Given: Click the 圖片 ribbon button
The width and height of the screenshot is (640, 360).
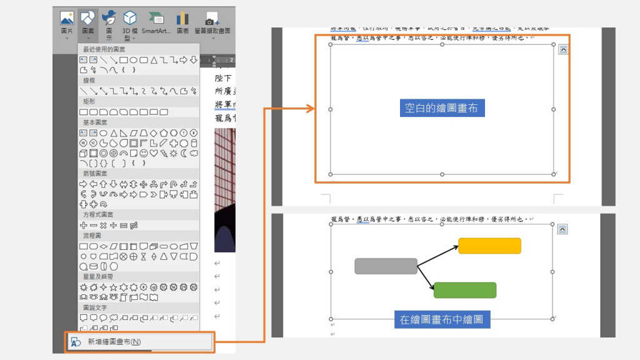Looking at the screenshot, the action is point(67,23).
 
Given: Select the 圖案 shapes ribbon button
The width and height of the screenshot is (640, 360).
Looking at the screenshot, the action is point(88,23).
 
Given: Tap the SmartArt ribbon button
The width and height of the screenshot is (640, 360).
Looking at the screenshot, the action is point(156,23).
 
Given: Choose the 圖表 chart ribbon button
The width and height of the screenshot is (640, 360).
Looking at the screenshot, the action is point(182,23).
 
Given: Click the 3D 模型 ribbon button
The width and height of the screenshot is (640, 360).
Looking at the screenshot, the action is point(129,24).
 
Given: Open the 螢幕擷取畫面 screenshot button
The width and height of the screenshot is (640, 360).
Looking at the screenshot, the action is point(213,23).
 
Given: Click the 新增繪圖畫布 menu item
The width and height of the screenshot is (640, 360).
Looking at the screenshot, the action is point(113,342).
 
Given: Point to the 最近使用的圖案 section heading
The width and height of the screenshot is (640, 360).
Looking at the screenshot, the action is point(104,49).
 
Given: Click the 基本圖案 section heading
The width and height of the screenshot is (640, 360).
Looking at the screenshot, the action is point(95,122).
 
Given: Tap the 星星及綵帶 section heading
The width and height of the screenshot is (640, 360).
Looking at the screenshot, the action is point(98,276).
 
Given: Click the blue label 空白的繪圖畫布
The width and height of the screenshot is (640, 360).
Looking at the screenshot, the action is point(441,108).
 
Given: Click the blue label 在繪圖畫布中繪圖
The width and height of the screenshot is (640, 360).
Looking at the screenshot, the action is point(441,320).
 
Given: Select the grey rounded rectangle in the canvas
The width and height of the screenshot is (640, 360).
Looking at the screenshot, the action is point(386,266).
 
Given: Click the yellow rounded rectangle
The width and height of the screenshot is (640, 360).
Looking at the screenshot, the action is point(489,246).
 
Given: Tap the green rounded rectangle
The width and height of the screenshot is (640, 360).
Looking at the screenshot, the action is point(464,290).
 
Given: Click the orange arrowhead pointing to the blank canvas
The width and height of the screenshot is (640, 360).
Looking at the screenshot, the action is point(309,109).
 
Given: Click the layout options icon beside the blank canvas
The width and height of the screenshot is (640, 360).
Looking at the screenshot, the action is point(563,49).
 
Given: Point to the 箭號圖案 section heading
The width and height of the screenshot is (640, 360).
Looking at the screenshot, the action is point(95,173).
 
